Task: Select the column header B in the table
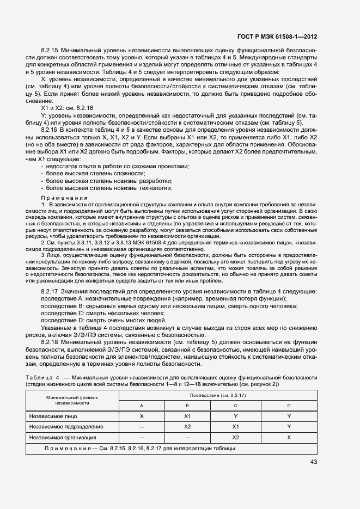pyautogui.click(x=187, y=406)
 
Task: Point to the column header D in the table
pyautogui.click(x=289, y=406)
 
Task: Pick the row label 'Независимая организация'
pyautogui.click(x=63, y=437)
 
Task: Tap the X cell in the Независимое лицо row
pyautogui.click(x=142, y=416)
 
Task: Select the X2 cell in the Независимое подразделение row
pyautogui.click(x=187, y=427)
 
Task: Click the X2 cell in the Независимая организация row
pyautogui.click(x=236, y=437)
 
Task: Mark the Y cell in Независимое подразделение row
pyautogui.click(x=289, y=427)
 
